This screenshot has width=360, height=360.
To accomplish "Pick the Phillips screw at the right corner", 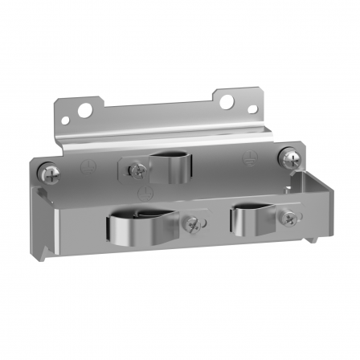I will [287, 156].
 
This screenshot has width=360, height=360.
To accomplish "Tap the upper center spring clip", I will [172, 166].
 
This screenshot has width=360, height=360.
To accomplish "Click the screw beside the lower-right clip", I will [286, 215].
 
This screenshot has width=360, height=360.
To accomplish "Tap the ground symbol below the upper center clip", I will [145, 192].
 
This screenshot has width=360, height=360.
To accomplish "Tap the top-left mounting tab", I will [80, 112].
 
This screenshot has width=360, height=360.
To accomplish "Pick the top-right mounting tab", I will [240, 103].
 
